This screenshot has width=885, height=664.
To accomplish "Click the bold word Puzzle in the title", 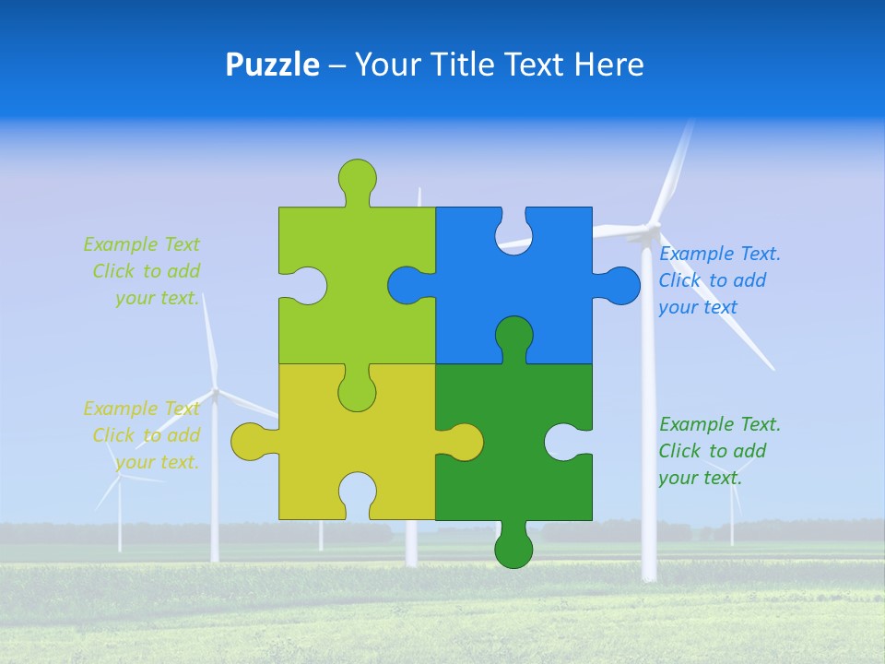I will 272,65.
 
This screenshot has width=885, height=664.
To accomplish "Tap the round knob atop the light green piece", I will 357,177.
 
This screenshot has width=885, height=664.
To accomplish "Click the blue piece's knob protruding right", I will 620,286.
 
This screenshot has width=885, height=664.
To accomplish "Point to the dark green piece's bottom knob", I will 513,548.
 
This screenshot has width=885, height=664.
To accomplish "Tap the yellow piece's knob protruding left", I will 249,442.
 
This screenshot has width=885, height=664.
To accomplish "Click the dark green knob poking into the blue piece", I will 513,336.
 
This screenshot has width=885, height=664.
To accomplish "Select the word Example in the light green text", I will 120,244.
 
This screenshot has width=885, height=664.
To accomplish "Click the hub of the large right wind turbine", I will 653,226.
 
